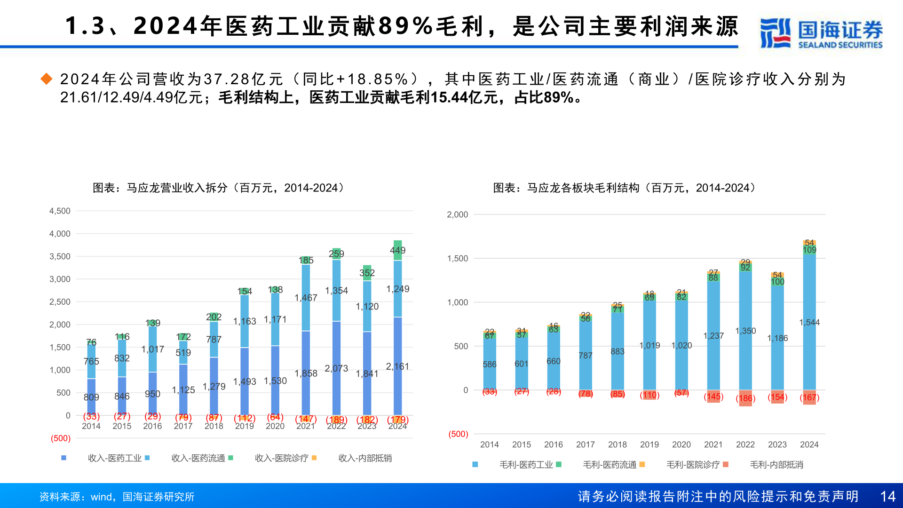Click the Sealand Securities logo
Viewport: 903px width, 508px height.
pyautogui.click(x=821, y=33)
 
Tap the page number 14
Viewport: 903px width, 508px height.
pyautogui.click(x=887, y=496)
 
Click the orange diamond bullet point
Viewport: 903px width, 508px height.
pyautogui.click(x=47, y=79)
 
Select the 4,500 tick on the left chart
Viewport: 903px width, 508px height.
pyautogui.click(x=60, y=211)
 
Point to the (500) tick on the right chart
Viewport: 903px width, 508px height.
pyautogui.click(x=458, y=434)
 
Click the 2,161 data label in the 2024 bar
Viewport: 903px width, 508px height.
pyautogui.click(x=397, y=366)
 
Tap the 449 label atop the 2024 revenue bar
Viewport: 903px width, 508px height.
pyautogui.click(x=397, y=250)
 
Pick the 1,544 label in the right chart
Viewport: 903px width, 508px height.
pyautogui.click(x=809, y=322)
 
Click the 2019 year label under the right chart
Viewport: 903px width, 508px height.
pyautogui.click(x=649, y=444)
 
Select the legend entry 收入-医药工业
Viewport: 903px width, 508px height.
pyautogui.click(x=114, y=458)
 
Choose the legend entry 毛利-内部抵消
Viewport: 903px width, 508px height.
pyautogui.click(x=776, y=465)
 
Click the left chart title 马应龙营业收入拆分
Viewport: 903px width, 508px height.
pyautogui.click(x=219, y=188)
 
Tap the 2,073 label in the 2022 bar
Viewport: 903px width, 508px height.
pyautogui.click(x=336, y=368)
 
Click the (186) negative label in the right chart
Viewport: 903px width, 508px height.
pyautogui.click(x=745, y=398)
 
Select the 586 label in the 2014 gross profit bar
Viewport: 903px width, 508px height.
pyautogui.click(x=489, y=365)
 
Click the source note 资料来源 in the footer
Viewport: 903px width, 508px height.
pyautogui.click(x=117, y=497)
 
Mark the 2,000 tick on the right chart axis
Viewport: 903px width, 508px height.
pyautogui.click(x=457, y=214)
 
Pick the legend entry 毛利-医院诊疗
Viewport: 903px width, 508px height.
pyautogui.click(x=693, y=465)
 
